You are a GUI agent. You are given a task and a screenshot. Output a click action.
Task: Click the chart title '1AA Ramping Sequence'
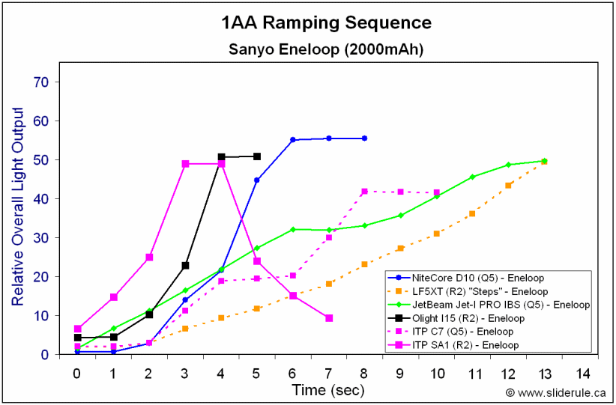pos(326,23)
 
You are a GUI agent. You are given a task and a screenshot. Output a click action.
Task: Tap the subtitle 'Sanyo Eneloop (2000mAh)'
pos(326,51)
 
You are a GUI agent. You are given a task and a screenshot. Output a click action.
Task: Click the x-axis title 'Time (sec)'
pos(327,389)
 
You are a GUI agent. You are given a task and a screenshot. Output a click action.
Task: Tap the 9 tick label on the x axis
pos(400,372)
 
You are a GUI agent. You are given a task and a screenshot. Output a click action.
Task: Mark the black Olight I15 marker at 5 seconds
pos(257,156)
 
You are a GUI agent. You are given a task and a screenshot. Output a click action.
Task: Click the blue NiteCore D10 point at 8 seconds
pos(364,138)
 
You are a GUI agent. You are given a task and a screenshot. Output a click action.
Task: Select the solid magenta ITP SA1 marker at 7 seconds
pos(328,318)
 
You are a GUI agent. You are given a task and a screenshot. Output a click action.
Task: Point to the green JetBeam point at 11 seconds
pos(472,177)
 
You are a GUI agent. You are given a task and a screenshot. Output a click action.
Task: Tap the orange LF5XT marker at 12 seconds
pos(508,185)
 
